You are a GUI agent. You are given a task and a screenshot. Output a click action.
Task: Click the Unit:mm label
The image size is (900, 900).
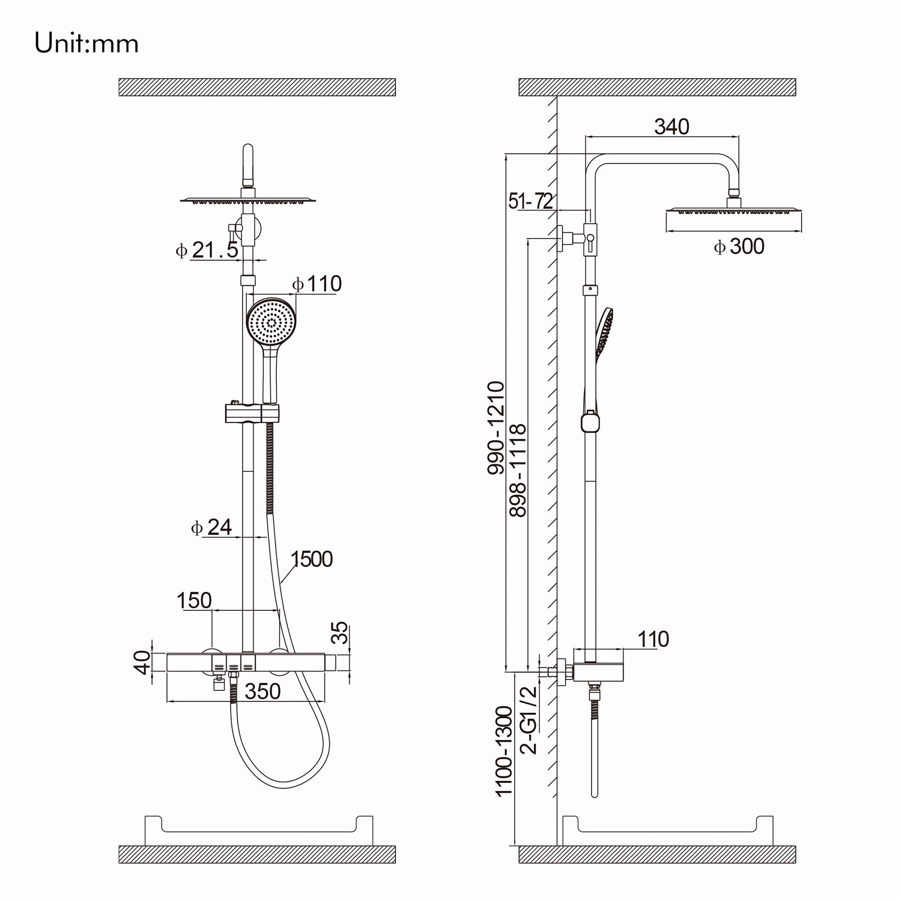pyautogui.click(x=87, y=44)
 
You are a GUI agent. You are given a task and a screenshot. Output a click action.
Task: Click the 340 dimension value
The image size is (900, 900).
pyautogui.click(x=672, y=127)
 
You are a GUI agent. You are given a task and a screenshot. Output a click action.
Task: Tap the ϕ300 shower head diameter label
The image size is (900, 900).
pyautogui.click(x=739, y=246)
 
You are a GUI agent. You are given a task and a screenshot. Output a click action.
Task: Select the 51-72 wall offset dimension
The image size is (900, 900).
pyautogui.click(x=530, y=201)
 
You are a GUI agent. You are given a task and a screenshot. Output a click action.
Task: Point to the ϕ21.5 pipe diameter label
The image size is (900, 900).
pyautogui.click(x=207, y=250)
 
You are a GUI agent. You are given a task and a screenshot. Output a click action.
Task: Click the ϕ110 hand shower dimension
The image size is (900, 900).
pyautogui.click(x=317, y=284)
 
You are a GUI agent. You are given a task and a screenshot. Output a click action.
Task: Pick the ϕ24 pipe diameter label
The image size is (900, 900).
pyautogui.click(x=211, y=527)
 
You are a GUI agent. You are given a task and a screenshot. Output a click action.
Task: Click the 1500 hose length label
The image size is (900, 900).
pyautogui.click(x=312, y=559)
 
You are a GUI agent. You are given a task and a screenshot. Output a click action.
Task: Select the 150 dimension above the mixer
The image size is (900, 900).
pyautogui.click(x=194, y=600)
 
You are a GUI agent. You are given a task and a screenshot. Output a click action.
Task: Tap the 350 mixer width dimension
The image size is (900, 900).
pyautogui.click(x=263, y=691)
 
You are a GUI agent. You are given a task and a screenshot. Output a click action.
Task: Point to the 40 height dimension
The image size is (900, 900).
pyautogui.click(x=143, y=661)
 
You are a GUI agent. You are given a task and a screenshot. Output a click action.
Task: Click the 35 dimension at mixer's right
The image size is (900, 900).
pyautogui.click(x=340, y=633)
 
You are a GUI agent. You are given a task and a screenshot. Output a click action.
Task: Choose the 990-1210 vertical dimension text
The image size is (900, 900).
pyautogui.click(x=496, y=427)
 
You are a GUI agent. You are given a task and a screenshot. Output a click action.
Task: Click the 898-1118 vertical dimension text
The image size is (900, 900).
pyautogui.click(x=517, y=470)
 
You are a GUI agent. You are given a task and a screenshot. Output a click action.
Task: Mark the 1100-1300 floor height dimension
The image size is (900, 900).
pyautogui.click(x=504, y=751)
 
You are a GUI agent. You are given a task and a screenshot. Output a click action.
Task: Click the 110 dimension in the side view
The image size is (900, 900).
pyautogui.click(x=653, y=639)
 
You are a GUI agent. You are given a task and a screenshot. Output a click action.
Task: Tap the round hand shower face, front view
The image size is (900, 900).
pyautogui.click(x=271, y=322)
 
